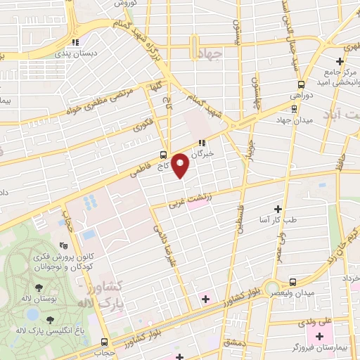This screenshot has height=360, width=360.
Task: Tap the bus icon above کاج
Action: [163, 155]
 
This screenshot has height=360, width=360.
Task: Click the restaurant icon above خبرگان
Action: [205, 143]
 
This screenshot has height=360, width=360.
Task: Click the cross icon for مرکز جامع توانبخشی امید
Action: [339, 62]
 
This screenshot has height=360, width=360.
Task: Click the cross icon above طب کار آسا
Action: [278, 210]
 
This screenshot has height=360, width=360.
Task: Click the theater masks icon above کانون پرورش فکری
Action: [64, 246]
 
